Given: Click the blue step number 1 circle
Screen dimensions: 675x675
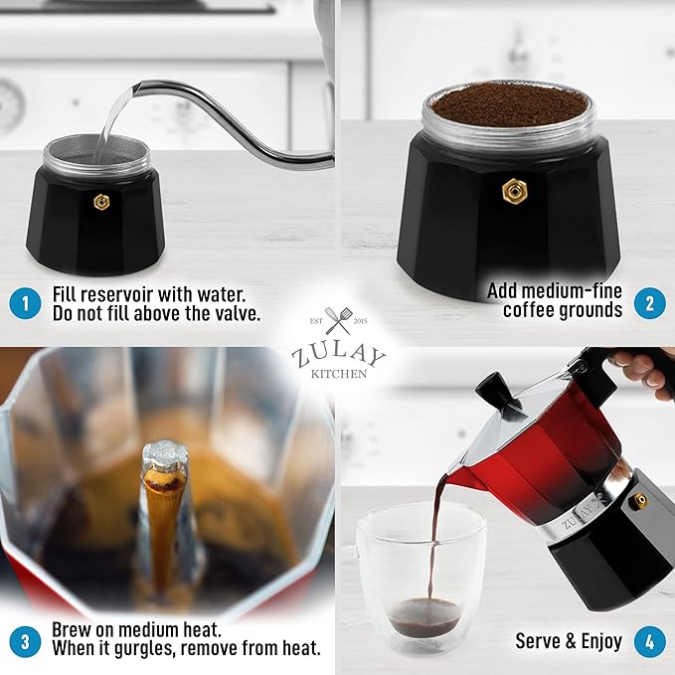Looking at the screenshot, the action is click(x=25, y=303).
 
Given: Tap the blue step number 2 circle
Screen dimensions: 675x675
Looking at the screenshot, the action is click(x=649, y=303).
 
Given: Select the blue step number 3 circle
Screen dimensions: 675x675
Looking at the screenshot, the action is click(x=25, y=642).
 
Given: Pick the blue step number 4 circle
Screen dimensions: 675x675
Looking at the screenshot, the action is click(x=649, y=642).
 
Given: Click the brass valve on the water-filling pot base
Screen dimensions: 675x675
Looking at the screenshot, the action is click(x=102, y=202).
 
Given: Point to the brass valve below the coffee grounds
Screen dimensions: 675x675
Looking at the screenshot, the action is click(x=514, y=191).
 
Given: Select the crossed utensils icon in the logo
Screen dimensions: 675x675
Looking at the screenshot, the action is click(x=338, y=321).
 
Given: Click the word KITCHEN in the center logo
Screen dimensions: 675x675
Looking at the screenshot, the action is click(x=339, y=374).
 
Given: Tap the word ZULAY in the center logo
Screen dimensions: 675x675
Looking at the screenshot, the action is click(x=338, y=355).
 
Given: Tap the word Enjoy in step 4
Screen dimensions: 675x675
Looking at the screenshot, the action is click(x=601, y=641).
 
